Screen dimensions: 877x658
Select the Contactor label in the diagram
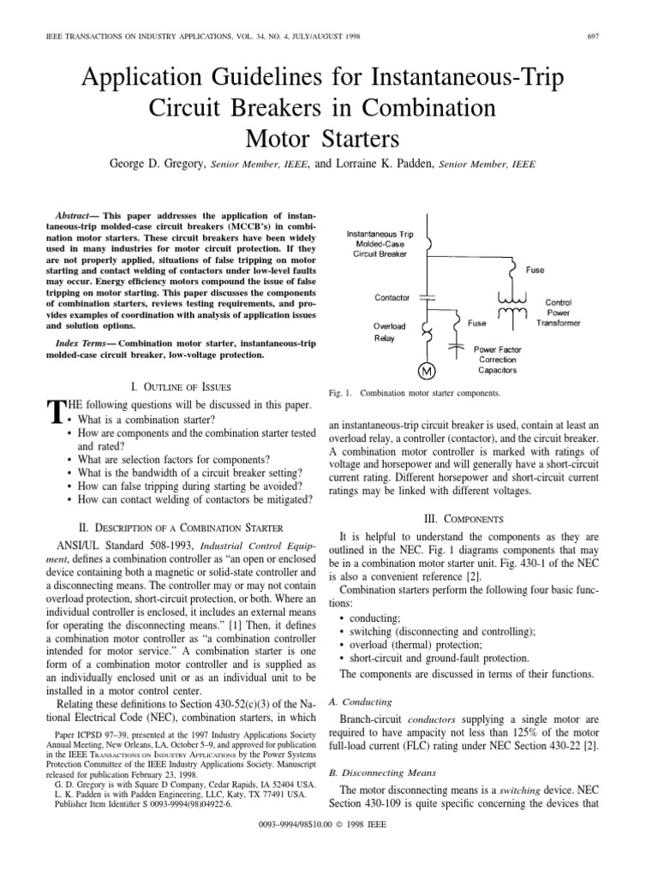(x=393, y=297)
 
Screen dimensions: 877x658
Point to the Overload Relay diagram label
(x=390, y=332)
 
